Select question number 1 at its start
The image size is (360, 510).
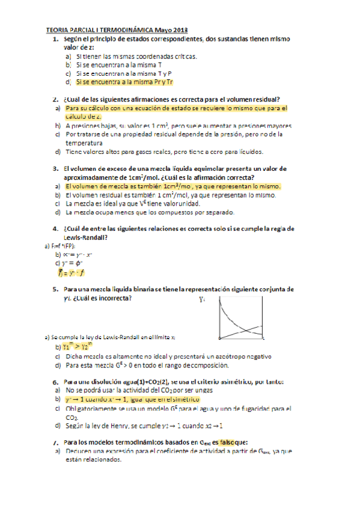tap(55, 39)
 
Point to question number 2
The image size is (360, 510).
tap(55, 99)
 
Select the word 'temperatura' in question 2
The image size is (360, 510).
tap(85, 143)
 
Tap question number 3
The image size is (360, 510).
tap(55, 169)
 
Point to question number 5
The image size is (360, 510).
tap(55, 289)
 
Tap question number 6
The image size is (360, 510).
tap(55, 382)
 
